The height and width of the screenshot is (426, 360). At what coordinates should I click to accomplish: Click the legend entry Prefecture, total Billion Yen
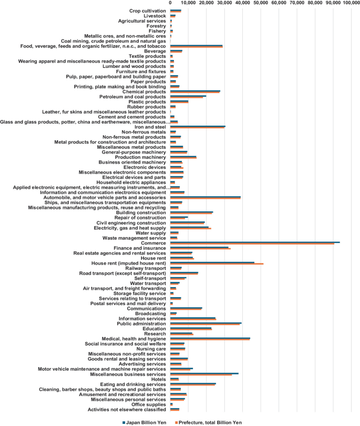tap(211, 422)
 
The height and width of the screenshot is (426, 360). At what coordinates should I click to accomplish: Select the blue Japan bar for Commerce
tap(255, 242)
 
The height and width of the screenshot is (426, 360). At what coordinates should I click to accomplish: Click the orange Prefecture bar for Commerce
tap(252, 244)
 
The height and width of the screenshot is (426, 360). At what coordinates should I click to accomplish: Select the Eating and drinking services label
tap(135, 384)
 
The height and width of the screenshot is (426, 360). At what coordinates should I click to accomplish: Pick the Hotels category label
tap(158, 379)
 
